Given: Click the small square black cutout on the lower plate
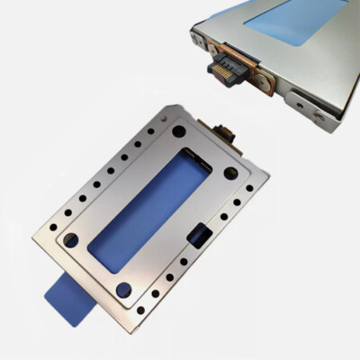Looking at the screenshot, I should point(201,237).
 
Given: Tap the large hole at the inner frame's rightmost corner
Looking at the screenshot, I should point(230,172).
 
